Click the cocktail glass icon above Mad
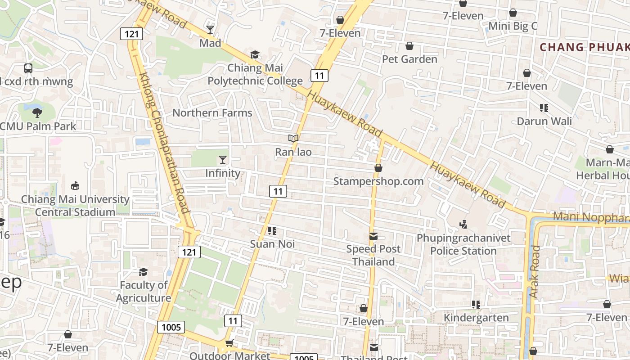210,30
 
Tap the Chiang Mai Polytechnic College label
255,75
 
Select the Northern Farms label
212,113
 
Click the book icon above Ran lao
293,139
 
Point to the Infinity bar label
223,173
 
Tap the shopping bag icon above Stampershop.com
378,168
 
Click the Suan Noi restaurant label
272,244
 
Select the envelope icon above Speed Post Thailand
373,236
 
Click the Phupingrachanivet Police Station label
463,244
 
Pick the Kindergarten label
476,318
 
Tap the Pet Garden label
409,59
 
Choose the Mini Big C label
513,26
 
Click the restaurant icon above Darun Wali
544,108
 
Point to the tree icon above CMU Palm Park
37,113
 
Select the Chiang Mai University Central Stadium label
75,206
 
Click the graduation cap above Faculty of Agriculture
143,272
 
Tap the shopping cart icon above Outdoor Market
229,344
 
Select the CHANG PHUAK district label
584,47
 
